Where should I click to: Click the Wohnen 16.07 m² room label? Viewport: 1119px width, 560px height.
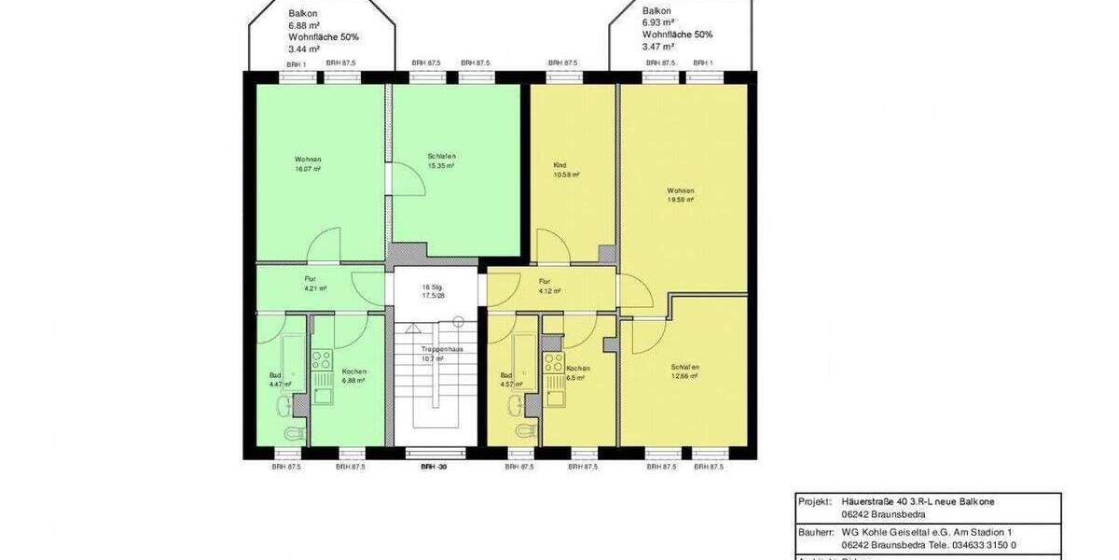point(308,164)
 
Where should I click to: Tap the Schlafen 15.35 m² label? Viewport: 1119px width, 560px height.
point(441,161)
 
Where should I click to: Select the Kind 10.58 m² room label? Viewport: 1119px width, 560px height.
point(566,170)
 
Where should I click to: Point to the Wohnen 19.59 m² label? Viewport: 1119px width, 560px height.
point(680,195)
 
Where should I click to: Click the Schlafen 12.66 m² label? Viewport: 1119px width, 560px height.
point(684,371)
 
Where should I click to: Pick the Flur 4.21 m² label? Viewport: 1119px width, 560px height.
point(315,284)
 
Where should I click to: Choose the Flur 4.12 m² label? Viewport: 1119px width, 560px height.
point(550,286)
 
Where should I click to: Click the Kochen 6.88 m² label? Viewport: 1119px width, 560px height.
point(353,375)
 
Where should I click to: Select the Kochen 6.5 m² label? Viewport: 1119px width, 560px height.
point(576,373)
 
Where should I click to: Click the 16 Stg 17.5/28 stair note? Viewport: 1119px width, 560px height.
point(431,291)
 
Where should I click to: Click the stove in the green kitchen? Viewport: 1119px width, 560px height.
point(322,359)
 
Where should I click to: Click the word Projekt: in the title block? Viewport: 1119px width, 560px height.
point(815,501)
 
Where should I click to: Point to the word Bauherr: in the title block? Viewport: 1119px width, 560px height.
point(815,531)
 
